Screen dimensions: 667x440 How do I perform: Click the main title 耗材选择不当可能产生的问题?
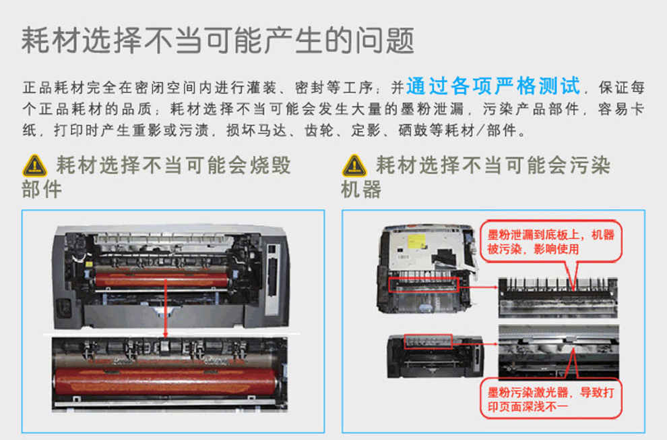click(218, 40)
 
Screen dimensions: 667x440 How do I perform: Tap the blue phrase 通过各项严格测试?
click(493, 86)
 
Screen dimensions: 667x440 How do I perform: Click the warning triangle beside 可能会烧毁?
click(34, 165)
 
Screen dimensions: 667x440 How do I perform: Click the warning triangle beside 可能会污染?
click(354, 165)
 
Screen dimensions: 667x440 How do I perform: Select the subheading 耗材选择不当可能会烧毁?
click(174, 165)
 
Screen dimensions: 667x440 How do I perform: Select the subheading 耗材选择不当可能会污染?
click(493, 165)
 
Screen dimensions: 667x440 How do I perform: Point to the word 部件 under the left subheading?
click(42, 189)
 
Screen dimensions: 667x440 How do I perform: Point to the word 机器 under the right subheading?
click(361, 189)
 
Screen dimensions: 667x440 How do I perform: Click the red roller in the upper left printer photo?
click(162, 279)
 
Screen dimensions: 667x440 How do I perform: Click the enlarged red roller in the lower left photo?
click(166, 381)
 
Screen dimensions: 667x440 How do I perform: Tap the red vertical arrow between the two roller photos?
click(166, 308)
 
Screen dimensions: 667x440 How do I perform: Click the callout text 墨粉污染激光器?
click(528, 392)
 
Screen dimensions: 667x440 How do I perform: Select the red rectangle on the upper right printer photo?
click(424, 285)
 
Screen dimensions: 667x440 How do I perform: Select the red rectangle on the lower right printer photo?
click(428, 341)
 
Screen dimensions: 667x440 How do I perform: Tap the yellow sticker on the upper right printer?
click(416, 242)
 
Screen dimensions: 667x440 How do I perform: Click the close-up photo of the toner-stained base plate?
click(558, 298)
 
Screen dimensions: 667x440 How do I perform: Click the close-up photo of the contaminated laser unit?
click(559, 352)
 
